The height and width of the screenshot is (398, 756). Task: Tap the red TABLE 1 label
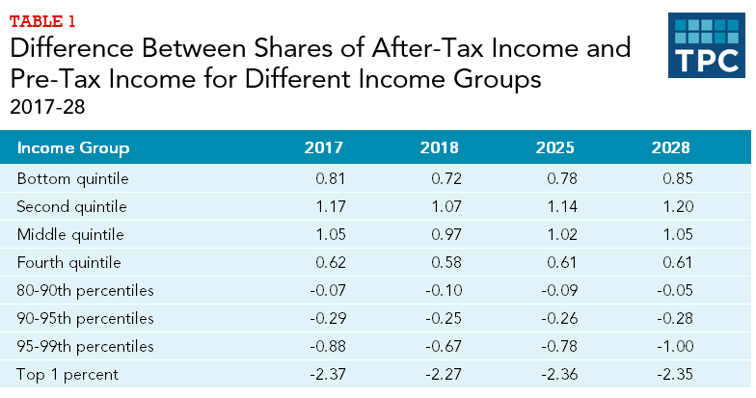click(42, 18)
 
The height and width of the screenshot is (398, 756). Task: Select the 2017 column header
click(323, 148)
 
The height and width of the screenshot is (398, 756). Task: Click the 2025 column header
click(554, 148)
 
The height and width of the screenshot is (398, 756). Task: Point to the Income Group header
click(73, 148)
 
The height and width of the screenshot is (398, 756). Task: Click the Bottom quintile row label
click(73, 178)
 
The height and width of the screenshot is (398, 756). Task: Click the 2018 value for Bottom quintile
click(441, 178)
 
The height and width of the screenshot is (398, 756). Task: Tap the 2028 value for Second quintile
click(672, 206)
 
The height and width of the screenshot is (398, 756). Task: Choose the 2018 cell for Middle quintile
click(441, 234)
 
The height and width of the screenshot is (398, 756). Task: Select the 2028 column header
click(670, 148)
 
